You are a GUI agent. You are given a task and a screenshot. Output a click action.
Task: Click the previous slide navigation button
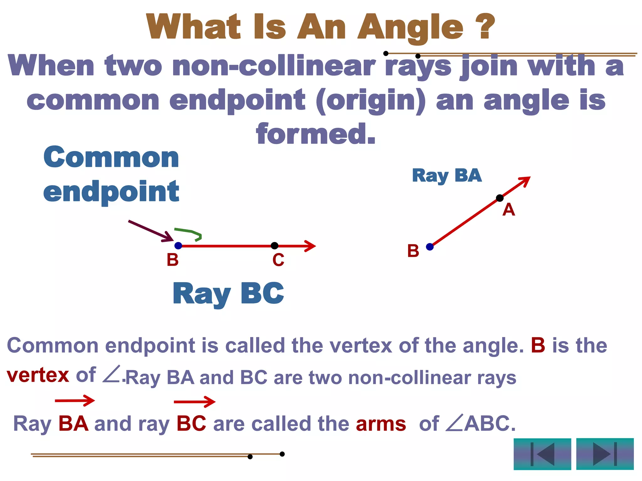click(542, 454)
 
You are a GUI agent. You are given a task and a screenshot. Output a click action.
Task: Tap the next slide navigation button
click(605, 454)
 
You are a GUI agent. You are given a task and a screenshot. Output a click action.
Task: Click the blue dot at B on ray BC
click(178, 246)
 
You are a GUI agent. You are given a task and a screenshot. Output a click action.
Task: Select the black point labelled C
click(275, 246)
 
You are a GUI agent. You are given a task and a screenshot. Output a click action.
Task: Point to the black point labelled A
click(500, 198)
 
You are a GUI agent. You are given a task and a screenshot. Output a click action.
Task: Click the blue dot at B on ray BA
click(430, 247)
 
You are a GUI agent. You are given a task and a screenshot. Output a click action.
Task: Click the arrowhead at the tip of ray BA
click(525, 180)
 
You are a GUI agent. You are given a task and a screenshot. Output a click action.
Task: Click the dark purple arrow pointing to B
click(150, 231)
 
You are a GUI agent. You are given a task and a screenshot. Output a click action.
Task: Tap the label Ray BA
click(447, 176)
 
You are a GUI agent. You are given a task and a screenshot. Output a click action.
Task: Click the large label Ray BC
click(228, 293)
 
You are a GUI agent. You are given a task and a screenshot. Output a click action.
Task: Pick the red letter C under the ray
click(278, 260)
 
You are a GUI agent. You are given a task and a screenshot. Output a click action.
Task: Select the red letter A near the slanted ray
click(508, 209)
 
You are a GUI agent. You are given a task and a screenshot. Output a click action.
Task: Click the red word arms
click(381, 424)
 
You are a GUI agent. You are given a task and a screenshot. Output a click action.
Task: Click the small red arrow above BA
click(75, 401)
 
